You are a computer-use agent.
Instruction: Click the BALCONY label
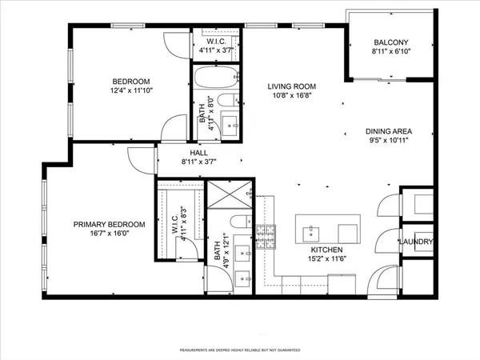point(392,42)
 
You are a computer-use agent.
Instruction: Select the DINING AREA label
point(388,132)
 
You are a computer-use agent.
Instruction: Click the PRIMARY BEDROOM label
point(110,225)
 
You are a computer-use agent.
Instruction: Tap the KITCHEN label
point(327,249)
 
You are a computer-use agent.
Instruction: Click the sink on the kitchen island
point(310,233)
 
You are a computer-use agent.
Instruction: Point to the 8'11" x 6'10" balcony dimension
point(392,52)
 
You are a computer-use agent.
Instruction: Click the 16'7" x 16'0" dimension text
point(110,234)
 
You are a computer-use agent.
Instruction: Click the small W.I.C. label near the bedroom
point(215,41)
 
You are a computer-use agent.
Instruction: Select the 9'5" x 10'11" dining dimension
point(388,142)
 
